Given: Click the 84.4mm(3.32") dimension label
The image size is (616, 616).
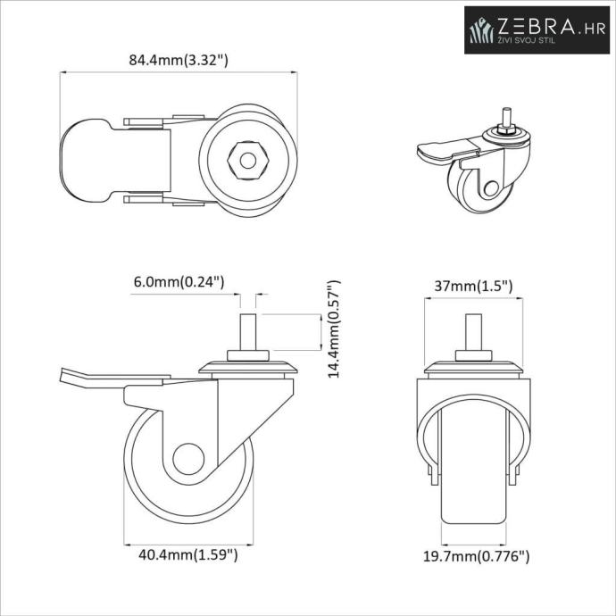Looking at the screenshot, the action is pos(179,60).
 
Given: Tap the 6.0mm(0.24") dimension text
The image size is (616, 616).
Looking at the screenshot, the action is pos(179,282).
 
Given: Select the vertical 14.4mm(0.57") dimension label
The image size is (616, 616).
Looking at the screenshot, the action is pos(334,329).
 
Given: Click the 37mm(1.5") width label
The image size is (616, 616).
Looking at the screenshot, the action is pos(473,286).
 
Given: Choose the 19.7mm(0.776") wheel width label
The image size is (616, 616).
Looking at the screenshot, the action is pos(476,556).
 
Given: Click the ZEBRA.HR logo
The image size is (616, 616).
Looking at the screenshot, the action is pos(537,29).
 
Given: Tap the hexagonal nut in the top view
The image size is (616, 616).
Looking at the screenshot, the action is pos(248,161).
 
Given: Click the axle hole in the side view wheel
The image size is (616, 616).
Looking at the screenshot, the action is pos(188,459).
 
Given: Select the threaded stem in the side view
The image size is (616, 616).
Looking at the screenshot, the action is pos(248,333).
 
